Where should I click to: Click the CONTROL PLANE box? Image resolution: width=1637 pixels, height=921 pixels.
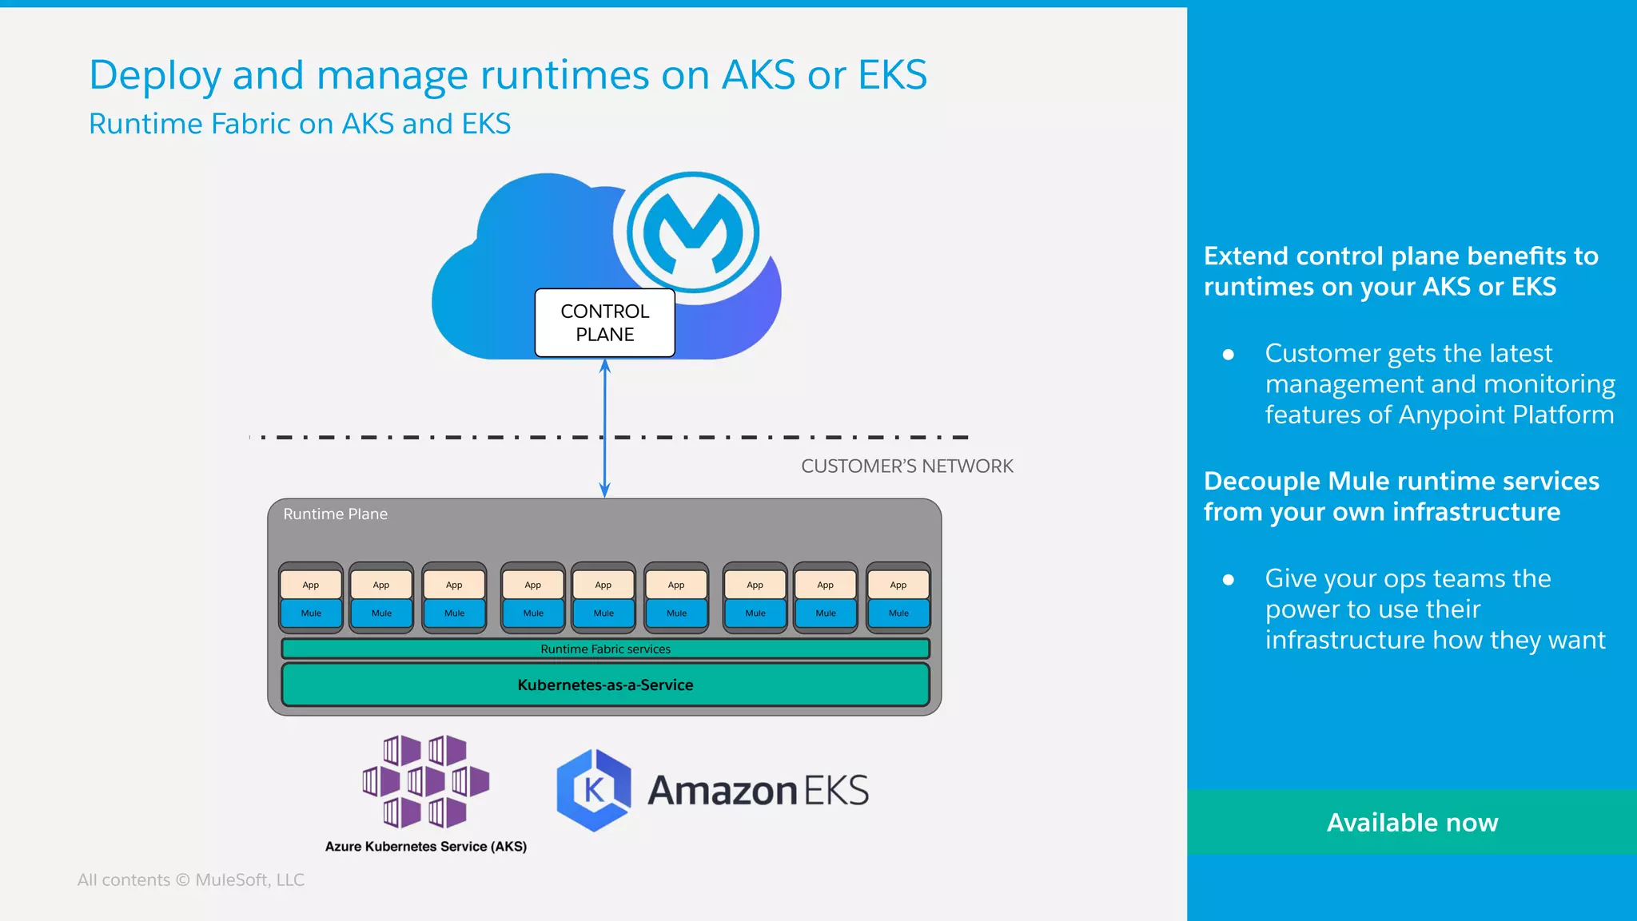click(x=604, y=323)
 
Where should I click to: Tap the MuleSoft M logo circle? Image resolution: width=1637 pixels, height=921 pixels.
click(x=692, y=232)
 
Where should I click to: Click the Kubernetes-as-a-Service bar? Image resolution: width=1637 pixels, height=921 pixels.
click(x=605, y=685)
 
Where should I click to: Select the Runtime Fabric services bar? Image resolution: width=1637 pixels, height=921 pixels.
click(x=605, y=649)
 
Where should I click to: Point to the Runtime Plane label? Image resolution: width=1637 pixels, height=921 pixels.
click(x=335, y=514)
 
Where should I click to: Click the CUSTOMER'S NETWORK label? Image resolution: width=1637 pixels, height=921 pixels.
click(x=906, y=466)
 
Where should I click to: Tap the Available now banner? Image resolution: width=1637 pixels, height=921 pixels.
click(x=1412, y=822)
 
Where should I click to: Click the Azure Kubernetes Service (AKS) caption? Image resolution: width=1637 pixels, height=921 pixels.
click(x=425, y=846)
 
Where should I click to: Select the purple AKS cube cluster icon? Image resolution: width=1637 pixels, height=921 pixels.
click(x=425, y=781)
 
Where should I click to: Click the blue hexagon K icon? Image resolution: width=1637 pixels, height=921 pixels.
click(x=594, y=790)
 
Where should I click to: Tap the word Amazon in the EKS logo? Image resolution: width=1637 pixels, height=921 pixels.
click(x=722, y=790)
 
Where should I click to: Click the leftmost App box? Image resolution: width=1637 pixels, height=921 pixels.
click(x=311, y=585)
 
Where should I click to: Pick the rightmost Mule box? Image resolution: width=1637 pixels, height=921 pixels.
click(x=898, y=613)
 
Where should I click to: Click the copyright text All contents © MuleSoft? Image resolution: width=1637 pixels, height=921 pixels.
click(x=190, y=879)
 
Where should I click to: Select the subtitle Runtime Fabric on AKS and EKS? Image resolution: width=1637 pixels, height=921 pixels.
click(x=299, y=124)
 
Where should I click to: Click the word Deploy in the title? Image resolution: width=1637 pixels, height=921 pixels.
click(x=154, y=76)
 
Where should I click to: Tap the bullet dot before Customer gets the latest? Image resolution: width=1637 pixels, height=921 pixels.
click(x=1229, y=354)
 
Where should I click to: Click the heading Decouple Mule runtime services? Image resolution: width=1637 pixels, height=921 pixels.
click(x=1400, y=481)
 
